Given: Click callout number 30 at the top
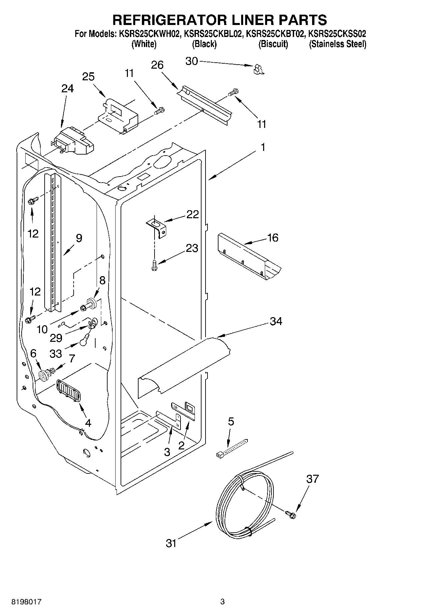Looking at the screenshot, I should point(192,61).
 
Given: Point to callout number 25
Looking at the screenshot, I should point(88,77).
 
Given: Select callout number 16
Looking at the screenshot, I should point(272,238).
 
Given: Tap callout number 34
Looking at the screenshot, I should point(276,321).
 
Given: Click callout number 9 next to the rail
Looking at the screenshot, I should point(79,238).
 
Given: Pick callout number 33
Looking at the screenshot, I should point(56,353).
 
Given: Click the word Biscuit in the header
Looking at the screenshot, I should point(273,44).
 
